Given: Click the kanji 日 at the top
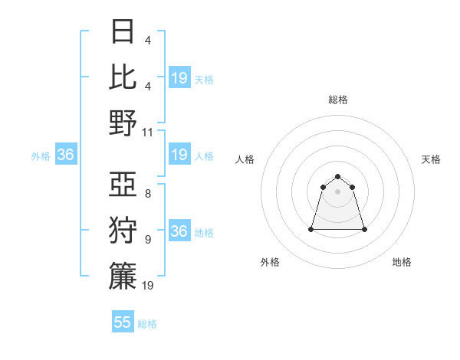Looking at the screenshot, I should (x=123, y=31).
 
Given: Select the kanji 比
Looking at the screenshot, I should (x=123, y=77).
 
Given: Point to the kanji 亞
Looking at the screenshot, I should (x=123, y=185).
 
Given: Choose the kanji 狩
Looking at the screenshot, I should (x=123, y=230).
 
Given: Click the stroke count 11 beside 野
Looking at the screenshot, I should (x=148, y=132).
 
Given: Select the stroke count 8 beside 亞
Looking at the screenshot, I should (x=148, y=194).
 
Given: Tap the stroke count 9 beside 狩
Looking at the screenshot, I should (x=148, y=240).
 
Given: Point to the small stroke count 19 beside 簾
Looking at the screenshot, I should (x=148, y=285).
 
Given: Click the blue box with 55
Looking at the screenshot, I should (x=123, y=322).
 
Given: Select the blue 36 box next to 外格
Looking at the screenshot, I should (x=65, y=155).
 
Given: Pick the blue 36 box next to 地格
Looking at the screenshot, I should (x=179, y=231).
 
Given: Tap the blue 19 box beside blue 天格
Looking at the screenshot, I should (x=179, y=78).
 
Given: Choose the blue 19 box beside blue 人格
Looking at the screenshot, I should (x=179, y=155).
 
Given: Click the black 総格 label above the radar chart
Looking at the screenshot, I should (x=337, y=100).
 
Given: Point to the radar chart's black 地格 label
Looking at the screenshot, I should (x=402, y=262).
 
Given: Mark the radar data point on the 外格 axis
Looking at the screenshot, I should (x=311, y=229).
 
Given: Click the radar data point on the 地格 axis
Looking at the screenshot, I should (x=364, y=229).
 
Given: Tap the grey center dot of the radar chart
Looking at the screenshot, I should (x=337, y=191).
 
